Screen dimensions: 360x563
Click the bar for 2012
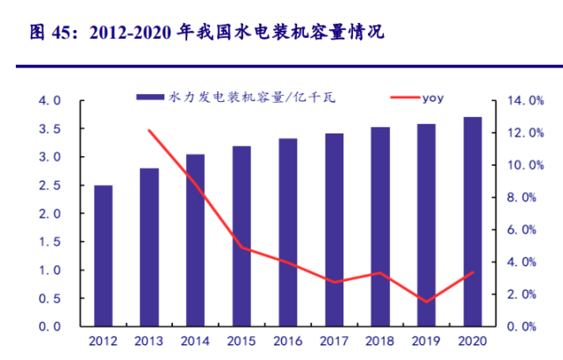103,256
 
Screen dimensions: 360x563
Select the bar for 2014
195,240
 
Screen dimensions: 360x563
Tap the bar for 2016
287,232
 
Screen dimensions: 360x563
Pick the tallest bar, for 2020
473,221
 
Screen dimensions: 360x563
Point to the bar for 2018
379,227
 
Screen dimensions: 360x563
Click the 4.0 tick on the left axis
50,101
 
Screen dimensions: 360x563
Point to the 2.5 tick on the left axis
50,185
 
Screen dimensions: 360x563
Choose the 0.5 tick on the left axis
50,299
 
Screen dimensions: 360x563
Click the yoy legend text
432,97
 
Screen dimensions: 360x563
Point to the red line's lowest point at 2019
426,302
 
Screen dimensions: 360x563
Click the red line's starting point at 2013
148,131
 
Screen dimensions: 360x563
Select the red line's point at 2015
242,248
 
